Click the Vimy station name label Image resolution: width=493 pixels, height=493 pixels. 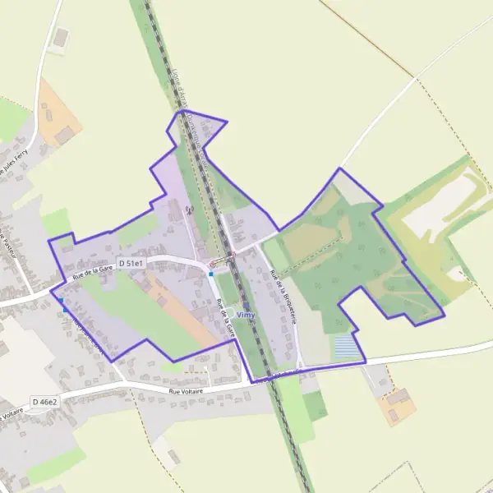tap(246, 315)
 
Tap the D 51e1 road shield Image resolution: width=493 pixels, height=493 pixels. tap(131, 263)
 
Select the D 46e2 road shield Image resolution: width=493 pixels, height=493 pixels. tap(45, 402)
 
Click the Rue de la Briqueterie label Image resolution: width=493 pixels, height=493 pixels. tap(282, 295)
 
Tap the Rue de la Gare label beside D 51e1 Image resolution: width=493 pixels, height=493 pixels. tap(91, 270)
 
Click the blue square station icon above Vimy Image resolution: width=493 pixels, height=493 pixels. tap(246, 305)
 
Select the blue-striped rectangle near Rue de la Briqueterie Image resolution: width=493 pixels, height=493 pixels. tap(348, 346)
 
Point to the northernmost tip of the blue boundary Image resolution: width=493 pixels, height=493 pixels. tap(182, 110)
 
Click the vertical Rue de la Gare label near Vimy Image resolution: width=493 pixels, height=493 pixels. tap(223, 316)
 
